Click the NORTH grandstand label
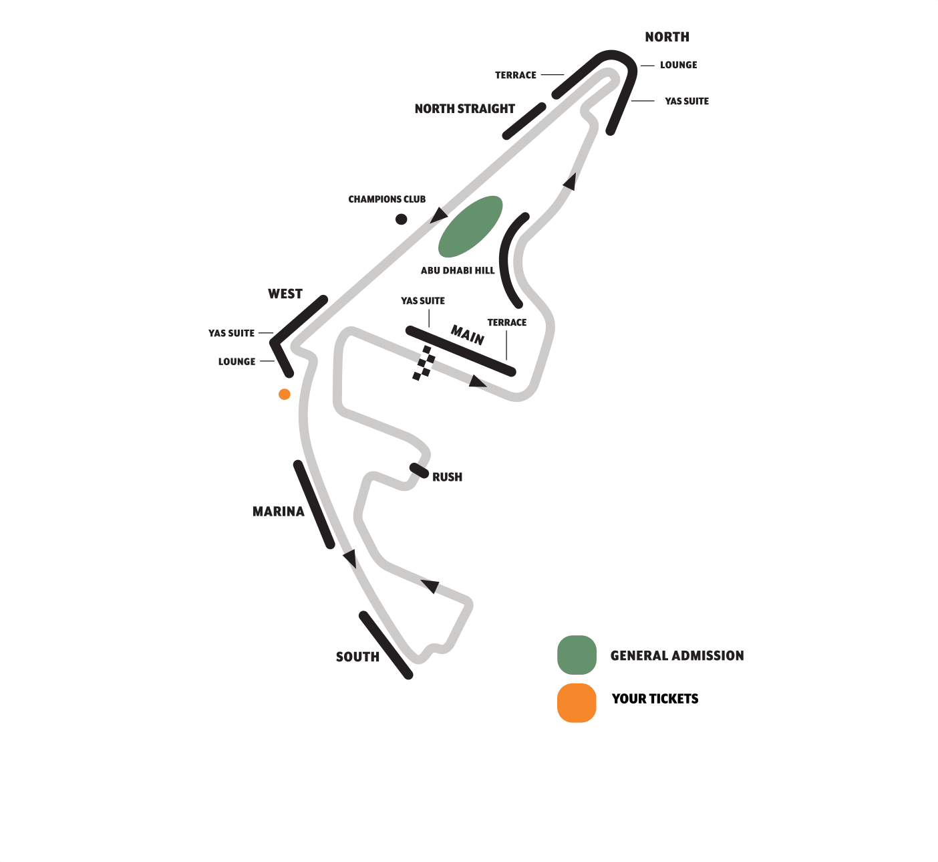(667, 37)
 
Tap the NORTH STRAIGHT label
(464, 109)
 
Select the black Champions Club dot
(401, 219)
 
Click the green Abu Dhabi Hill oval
(470, 227)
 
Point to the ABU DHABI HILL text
(458, 271)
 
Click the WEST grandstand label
(285, 294)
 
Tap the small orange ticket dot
(285, 395)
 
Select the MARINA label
(278, 512)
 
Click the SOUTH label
(357, 657)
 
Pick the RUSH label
(447, 477)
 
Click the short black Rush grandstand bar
(420, 470)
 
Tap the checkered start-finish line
(424, 363)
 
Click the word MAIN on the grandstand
(468, 334)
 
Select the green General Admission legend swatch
(577, 655)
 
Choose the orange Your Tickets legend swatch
(577, 703)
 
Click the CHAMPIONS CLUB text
(387, 199)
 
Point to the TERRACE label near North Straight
(515, 76)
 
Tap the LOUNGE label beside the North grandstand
(678, 66)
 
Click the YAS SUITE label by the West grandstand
(231, 334)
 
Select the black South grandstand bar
(386, 645)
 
